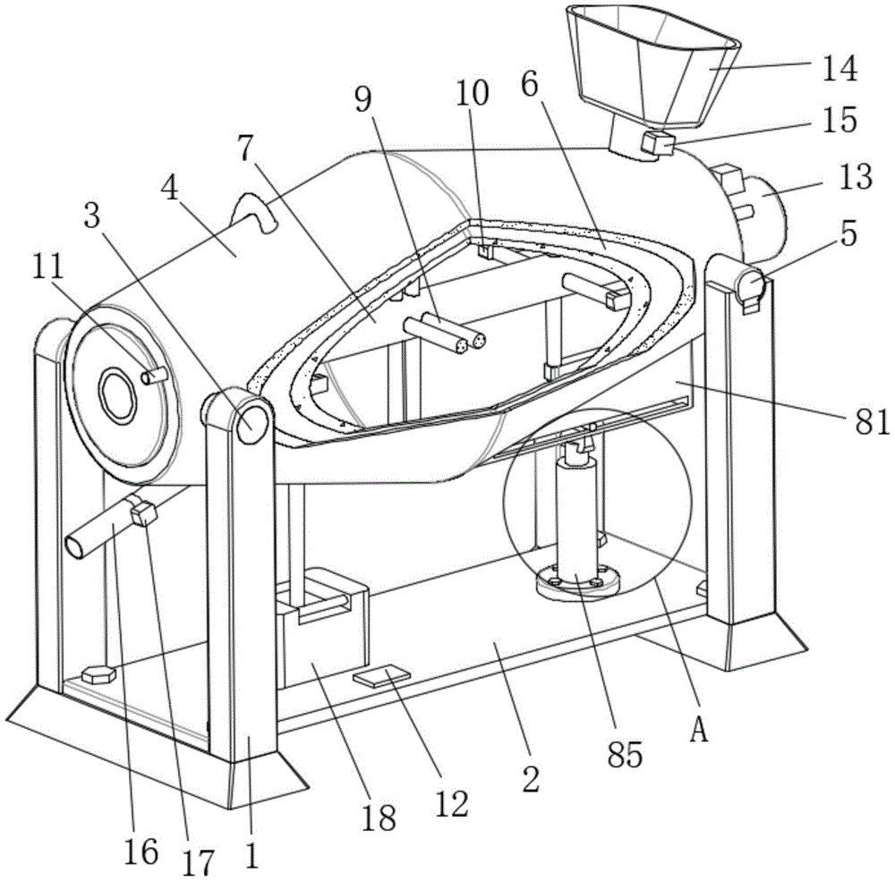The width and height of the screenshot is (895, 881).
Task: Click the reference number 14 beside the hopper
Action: [840, 69]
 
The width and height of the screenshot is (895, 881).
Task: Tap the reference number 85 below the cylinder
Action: [625, 754]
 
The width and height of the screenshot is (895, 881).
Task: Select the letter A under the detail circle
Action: [699, 730]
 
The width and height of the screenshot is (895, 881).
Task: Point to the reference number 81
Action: [872, 421]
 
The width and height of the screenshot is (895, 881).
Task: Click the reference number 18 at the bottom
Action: [379, 817]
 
